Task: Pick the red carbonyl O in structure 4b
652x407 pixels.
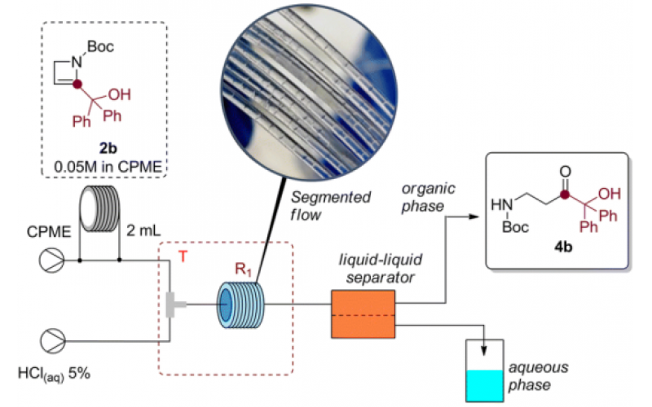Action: (x=555, y=173)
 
